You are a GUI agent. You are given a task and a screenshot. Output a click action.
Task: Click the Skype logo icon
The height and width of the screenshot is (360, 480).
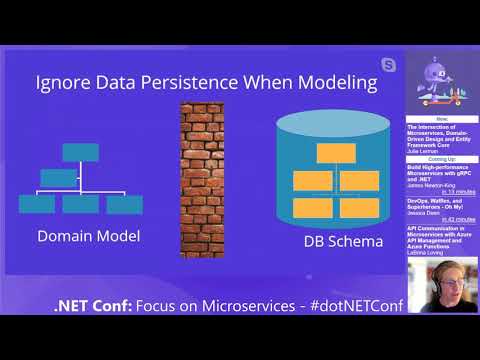[387, 65]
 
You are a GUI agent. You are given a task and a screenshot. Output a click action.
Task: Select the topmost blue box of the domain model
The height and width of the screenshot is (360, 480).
[81, 153]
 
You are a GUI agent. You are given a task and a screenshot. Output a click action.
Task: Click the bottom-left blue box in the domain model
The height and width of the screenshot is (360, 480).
[37, 204]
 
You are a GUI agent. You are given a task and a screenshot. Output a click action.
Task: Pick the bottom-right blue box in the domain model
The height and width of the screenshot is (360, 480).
[125, 204]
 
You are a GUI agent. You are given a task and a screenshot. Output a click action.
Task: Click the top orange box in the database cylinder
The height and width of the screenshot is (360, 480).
[329, 154]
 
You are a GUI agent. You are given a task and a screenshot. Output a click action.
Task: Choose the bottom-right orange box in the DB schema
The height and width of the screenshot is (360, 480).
[358, 207]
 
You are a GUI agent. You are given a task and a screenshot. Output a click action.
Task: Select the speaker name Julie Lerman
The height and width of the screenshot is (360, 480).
[424, 150]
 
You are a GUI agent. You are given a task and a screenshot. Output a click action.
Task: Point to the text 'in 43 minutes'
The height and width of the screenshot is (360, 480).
[457, 218]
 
